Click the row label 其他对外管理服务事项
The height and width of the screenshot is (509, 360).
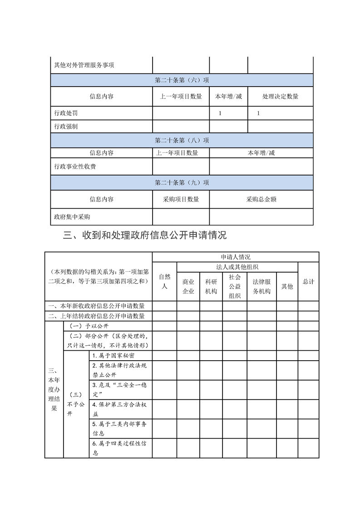point(84,65)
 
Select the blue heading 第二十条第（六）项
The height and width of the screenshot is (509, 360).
point(182,80)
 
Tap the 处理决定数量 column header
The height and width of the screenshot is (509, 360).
point(280,97)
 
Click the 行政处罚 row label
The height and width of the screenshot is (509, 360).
point(66,113)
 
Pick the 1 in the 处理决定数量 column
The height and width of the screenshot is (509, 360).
point(258,113)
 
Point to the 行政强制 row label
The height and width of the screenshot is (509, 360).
point(66,127)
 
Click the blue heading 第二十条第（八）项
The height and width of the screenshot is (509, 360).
point(182,140)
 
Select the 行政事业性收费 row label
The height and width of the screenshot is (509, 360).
point(75,166)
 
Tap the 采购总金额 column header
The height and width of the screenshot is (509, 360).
point(261,199)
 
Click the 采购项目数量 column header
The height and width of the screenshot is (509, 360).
point(181,199)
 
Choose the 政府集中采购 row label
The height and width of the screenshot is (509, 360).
point(72,217)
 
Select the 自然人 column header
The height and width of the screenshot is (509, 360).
point(164,281)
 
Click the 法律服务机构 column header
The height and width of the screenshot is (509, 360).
point(261,286)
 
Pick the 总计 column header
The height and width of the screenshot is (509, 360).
point(308,281)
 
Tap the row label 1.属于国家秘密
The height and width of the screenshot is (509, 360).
point(113,356)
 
